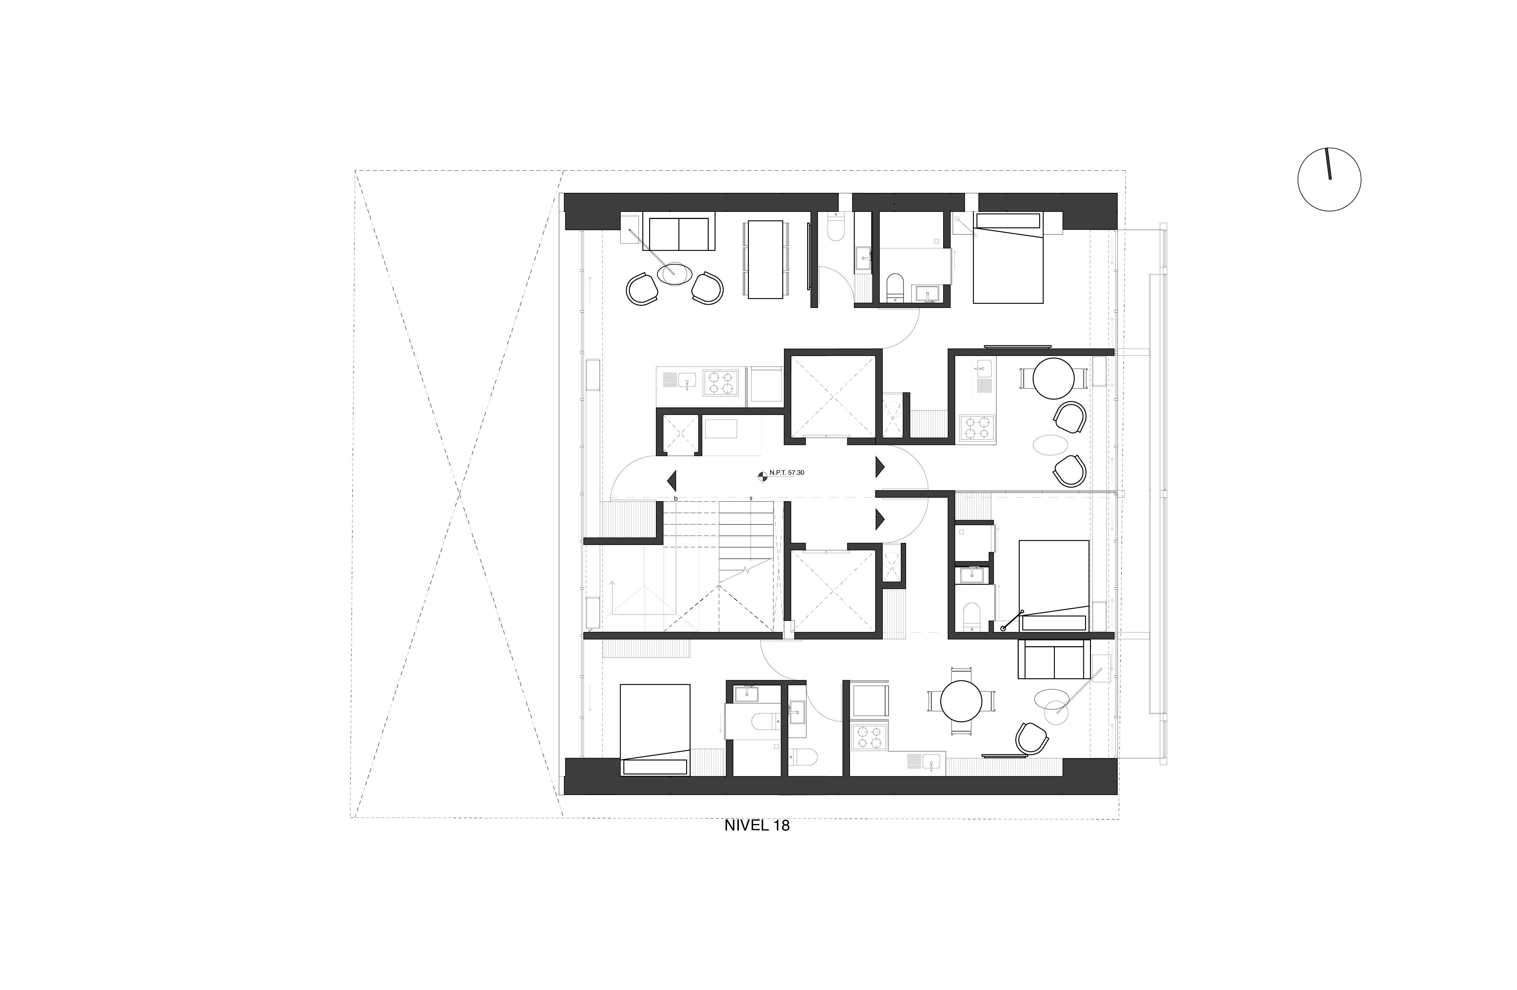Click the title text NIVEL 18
coord(756,826)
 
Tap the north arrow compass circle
coord(1329,179)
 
